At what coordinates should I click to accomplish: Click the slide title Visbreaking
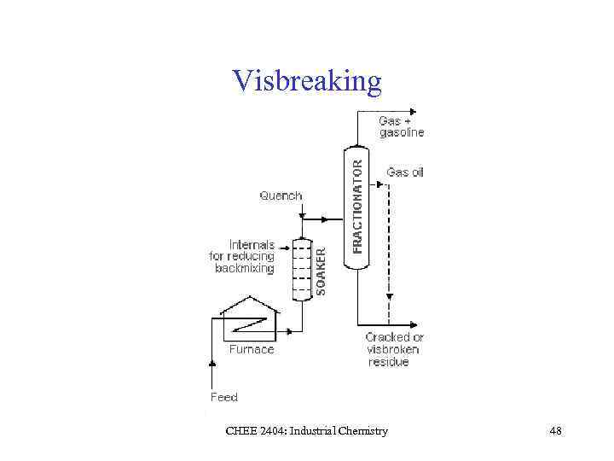point(307,80)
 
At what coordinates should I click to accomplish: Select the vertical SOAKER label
point(321,271)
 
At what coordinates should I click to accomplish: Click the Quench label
point(281,195)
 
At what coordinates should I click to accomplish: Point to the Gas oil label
point(405,172)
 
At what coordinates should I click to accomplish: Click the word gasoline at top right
point(402,132)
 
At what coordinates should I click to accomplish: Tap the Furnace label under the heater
point(252,348)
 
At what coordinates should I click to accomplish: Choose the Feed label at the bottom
point(224,397)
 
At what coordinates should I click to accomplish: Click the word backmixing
point(245,268)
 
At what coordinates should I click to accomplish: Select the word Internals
point(252,245)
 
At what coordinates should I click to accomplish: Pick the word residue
point(389,362)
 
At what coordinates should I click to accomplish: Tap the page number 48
point(556,431)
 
